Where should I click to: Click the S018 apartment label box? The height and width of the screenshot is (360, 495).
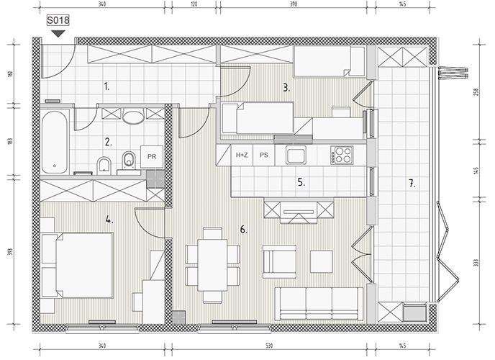58,21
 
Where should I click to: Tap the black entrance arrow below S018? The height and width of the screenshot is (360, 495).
58,34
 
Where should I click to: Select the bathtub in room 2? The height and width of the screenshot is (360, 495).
55,142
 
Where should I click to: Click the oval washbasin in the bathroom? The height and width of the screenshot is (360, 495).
133,117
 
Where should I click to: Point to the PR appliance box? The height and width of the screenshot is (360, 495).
152,157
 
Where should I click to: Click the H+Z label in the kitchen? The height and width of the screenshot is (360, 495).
242,155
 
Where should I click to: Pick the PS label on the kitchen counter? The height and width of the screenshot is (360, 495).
264,155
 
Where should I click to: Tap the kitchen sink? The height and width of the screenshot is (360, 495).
296,155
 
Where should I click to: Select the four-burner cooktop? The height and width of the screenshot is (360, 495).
342,155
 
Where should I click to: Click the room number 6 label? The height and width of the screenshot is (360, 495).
243,230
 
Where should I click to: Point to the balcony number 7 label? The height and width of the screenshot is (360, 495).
412,183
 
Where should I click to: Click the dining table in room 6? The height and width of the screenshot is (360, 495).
212,265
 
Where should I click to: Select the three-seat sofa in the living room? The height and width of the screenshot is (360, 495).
319,304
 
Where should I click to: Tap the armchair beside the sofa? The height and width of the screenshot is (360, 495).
279,261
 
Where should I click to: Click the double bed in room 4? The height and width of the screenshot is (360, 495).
84,265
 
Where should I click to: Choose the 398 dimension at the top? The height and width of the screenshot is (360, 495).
294,4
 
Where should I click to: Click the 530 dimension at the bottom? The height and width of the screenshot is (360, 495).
269,346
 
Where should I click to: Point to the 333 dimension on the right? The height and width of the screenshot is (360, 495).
476,262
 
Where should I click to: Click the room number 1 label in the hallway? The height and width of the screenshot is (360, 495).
106,86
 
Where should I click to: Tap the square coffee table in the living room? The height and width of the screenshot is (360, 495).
322,261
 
